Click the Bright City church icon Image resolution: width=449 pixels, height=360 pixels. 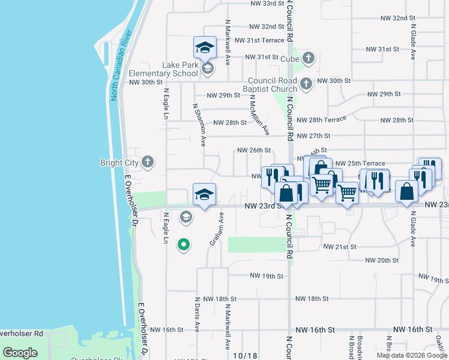[x=148, y=162]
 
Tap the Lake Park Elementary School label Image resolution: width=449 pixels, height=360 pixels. [x=163, y=69]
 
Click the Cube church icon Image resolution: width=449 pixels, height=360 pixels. [x=309, y=58]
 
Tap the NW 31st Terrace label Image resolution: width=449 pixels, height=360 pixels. [x=259, y=40]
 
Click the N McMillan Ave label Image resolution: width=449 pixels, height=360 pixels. [x=259, y=115]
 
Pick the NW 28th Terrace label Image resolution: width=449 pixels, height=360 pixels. [x=321, y=120]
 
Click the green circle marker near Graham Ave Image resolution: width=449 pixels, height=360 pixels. [x=184, y=244]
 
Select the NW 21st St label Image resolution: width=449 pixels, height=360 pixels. [x=340, y=247]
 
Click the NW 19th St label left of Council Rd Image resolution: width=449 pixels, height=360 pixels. [x=266, y=276]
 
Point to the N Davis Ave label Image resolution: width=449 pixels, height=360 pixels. [x=197, y=313]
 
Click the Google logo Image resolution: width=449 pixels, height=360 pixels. [x=20, y=353]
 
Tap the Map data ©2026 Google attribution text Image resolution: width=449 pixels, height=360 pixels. [x=412, y=355]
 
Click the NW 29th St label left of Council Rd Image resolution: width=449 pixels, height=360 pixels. [x=223, y=95]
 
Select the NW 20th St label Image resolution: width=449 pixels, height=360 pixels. [x=382, y=260]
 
